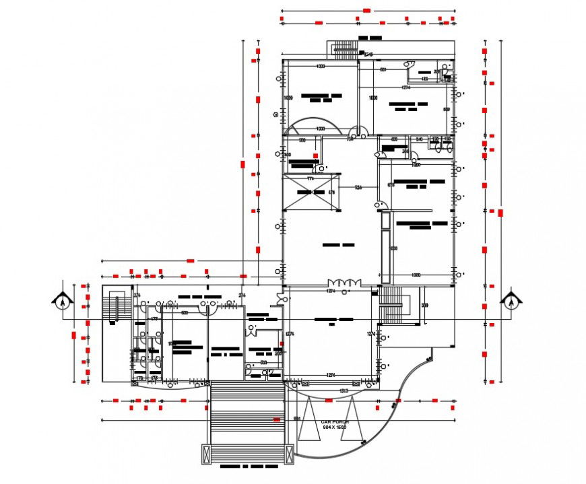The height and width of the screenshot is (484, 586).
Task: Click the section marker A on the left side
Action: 62,301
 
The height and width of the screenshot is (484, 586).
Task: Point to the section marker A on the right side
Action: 511,301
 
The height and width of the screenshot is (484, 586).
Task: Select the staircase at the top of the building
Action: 344,49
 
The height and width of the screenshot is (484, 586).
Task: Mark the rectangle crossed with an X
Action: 310,193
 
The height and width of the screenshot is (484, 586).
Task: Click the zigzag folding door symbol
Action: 345,283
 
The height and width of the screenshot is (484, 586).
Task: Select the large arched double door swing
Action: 311,125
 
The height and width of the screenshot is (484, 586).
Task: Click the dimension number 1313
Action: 344,390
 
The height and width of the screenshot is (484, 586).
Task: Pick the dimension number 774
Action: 311,178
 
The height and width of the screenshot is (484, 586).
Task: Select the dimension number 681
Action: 383,69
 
